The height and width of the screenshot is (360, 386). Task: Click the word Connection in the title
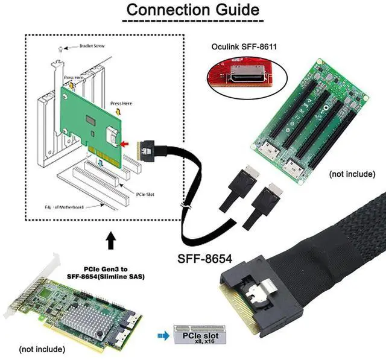(x=161, y=10)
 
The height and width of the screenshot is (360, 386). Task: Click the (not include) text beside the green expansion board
(x=352, y=174)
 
